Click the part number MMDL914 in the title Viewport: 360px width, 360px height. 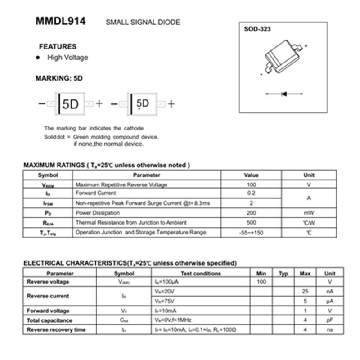point(61,21)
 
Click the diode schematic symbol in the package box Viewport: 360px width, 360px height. point(283,94)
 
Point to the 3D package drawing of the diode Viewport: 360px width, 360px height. point(283,56)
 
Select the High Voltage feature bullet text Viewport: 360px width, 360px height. point(67,58)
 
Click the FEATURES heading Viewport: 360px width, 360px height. point(58,46)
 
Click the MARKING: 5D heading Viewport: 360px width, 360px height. point(59,78)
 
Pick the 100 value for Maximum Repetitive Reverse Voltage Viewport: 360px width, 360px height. point(251,184)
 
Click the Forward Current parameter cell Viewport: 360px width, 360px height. point(92,193)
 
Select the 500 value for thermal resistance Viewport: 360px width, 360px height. point(251,222)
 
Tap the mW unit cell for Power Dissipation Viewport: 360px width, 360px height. point(309,213)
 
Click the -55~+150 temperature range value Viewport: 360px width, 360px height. point(251,233)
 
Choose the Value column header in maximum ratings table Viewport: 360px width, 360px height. point(251,175)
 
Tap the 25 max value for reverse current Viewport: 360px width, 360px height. point(305,291)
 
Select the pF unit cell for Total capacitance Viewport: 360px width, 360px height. point(330,320)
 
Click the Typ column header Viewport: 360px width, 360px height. point(283,273)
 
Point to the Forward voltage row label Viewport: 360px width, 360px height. point(48,310)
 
